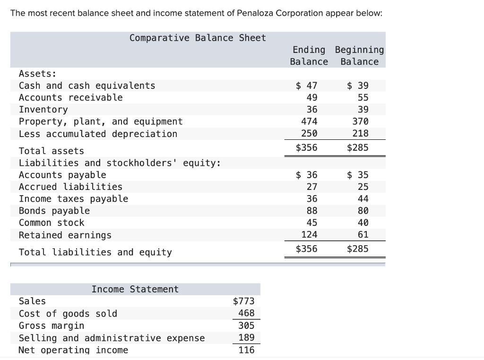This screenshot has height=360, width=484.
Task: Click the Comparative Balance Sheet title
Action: (x=198, y=38)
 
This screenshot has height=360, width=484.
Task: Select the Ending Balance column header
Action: (x=309, y=55)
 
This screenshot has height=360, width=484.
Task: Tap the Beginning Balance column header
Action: (x=359, y=55)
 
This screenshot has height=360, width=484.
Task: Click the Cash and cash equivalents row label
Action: (x=87, y=86)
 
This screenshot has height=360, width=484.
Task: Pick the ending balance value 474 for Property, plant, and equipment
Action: (x=309, y=121)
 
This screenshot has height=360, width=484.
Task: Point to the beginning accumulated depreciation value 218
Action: (x=360, y=134)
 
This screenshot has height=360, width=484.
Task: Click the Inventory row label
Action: (x=43, y=110)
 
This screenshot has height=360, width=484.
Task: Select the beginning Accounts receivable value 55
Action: (x=363, y=98)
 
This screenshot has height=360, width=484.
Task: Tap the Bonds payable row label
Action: (x=54, y=211)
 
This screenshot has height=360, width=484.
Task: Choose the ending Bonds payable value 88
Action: (x=312, y=211)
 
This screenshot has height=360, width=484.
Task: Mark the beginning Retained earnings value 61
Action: (x=363, y=234)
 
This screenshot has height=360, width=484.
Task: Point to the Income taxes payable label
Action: (x=73, y=199)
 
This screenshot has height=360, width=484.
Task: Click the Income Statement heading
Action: (x=135, y=289)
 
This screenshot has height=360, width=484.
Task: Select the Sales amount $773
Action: (x=244, y=301)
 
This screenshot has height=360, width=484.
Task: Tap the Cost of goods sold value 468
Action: (x=246, y=313)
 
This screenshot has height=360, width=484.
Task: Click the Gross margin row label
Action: (x=52, y=326)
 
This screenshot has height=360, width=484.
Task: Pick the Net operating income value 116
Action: (x=246, y=350)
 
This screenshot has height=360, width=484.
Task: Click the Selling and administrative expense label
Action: (x=112, y=338)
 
